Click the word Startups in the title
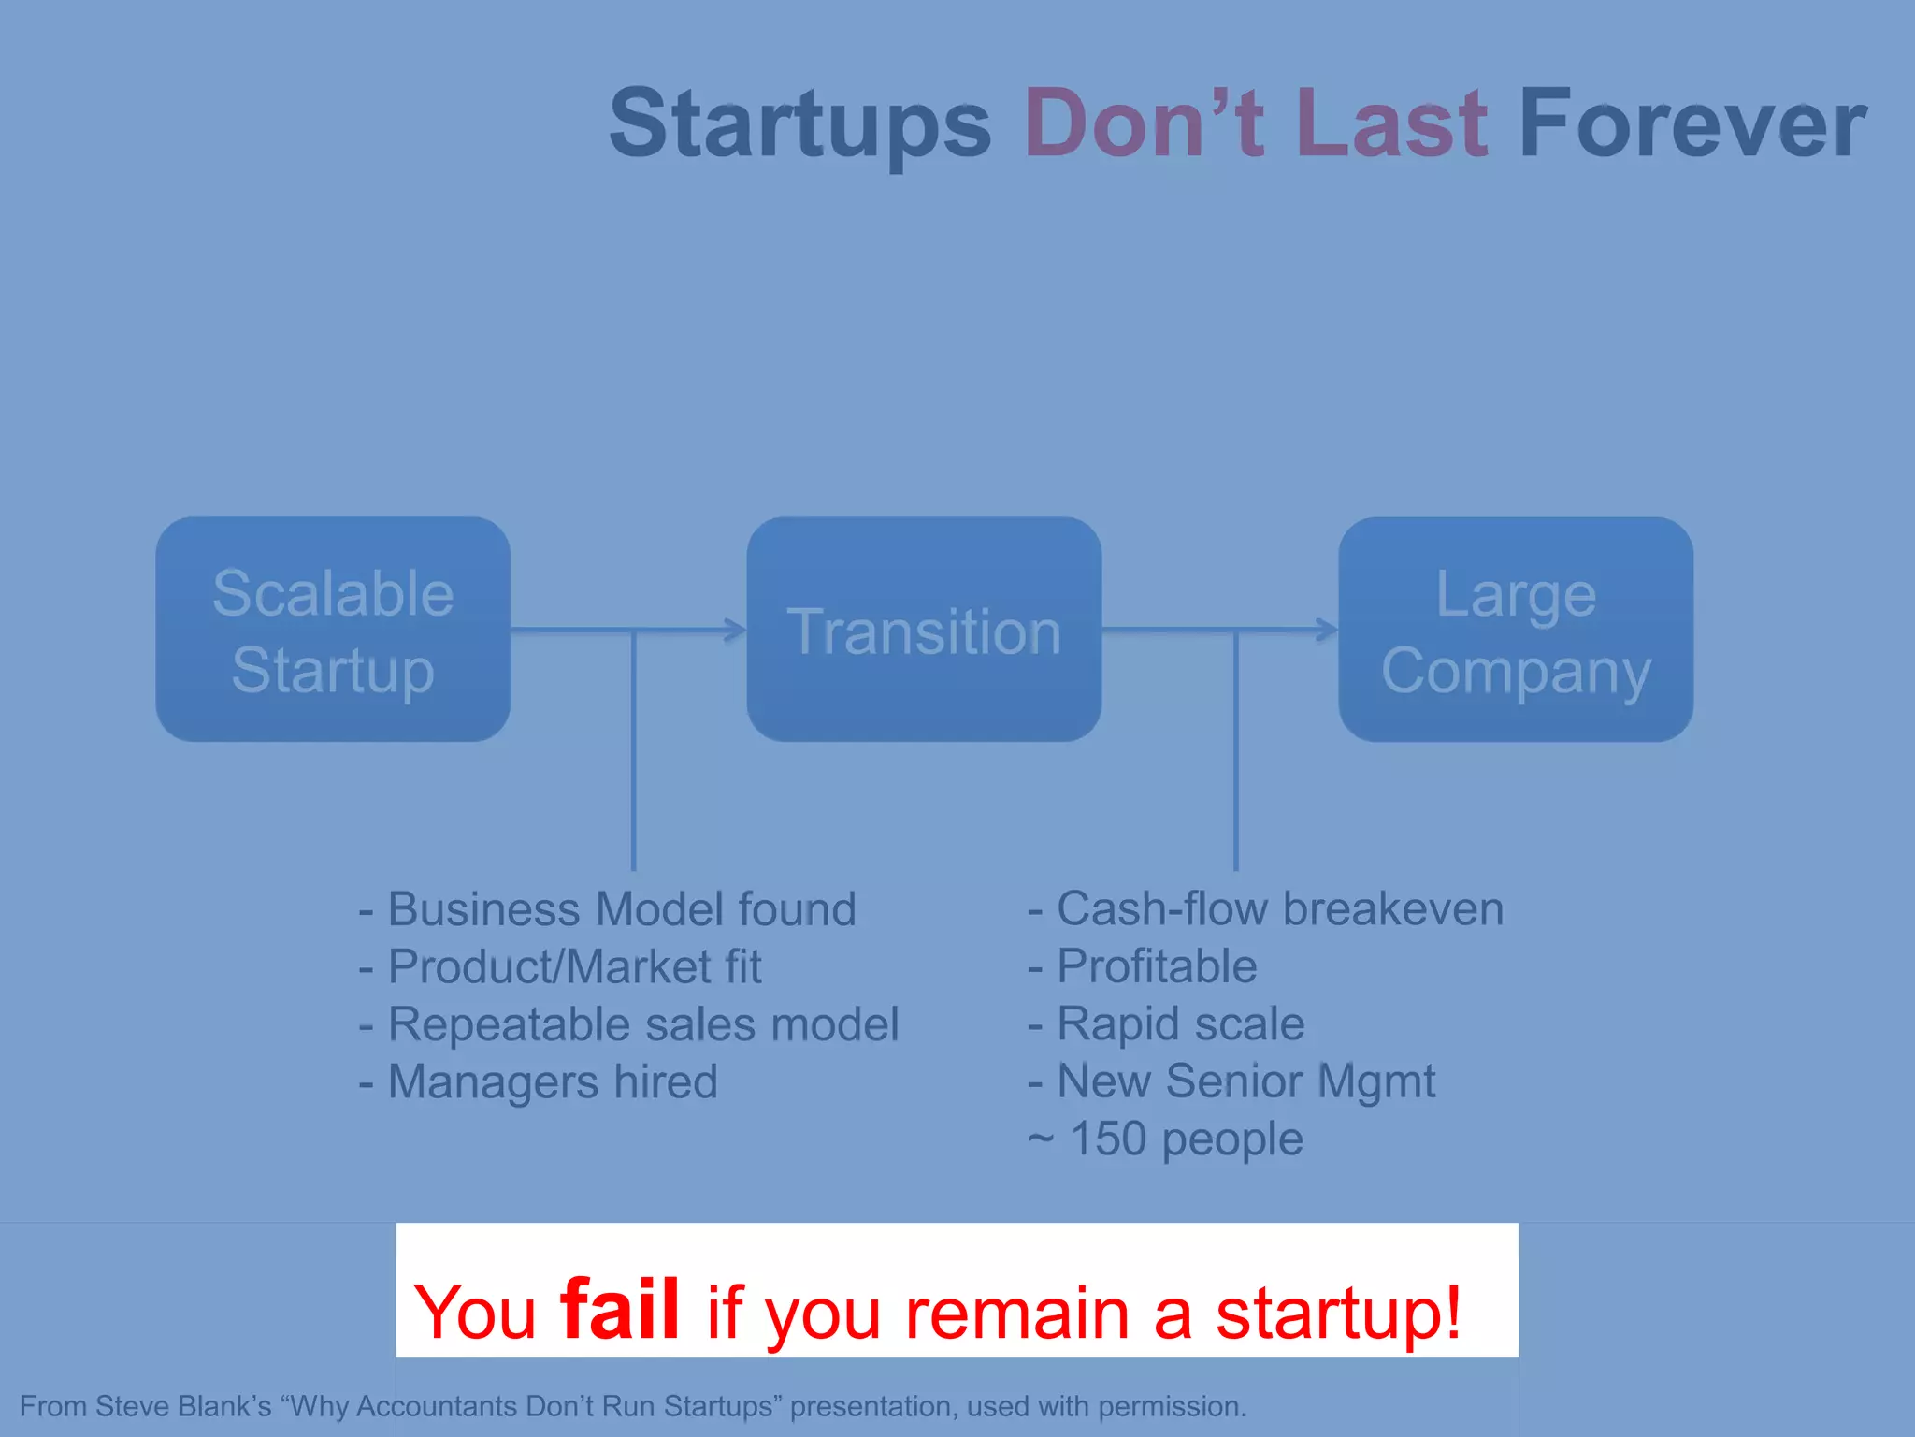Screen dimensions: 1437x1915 tap(799, 124)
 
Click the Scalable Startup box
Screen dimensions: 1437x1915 tap(333, 630)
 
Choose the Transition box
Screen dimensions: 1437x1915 tap(924, 630)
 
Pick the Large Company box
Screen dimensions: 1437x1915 tap(1516, 630)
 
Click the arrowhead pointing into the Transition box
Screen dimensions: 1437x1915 tap(737, 630)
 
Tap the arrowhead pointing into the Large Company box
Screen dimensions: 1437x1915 tap(1328, 630)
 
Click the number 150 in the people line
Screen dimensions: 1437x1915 tap(1108, 1139)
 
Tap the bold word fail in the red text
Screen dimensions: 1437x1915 tap(619, 1310)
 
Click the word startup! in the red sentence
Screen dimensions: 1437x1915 tap(1338, 1313)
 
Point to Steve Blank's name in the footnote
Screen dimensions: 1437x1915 tap(183, 1406)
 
